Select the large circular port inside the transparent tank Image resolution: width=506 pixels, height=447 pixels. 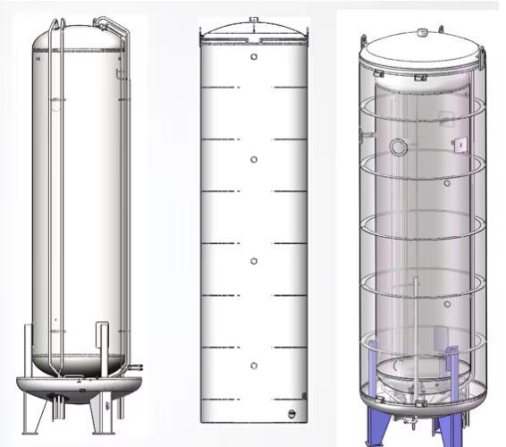399,147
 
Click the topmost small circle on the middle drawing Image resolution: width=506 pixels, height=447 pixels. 254,57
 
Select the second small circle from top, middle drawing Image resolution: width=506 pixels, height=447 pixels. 254,159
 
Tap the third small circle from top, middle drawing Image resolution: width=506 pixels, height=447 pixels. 254,261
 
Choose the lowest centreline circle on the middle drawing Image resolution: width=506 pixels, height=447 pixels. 254,365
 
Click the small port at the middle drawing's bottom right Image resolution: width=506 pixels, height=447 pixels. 291,413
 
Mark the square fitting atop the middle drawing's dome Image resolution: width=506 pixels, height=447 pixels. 254,19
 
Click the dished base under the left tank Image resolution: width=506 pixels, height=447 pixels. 79,386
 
